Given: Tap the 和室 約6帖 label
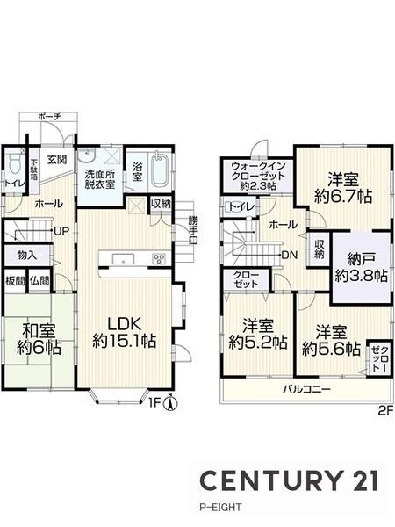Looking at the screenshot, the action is tap(39, 339).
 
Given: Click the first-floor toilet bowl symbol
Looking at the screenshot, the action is tap(15, 165).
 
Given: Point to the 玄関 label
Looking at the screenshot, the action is tap(56, 160).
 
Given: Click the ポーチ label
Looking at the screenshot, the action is tap(49, 117).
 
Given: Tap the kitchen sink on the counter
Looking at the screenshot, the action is tap(123, 259).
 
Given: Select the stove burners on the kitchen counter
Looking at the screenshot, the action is tap(159, 259).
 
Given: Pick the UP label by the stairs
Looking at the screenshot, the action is tap(61, 231).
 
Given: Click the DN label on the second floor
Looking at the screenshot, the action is tap(289, 256).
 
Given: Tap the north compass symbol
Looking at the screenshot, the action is tap(170, 402).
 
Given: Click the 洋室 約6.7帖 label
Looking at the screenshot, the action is tap(343, 187).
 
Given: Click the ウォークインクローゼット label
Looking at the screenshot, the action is tap(259, 176).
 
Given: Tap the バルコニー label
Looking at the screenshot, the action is tap(306, 389).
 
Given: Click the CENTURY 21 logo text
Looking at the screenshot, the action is tap(289, 480).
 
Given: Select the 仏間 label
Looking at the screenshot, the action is tap(39, 281).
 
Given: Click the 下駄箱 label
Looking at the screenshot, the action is tap(34, 170).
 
